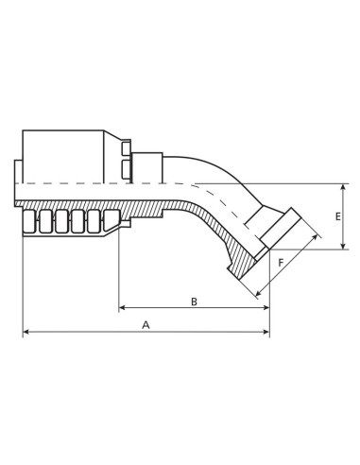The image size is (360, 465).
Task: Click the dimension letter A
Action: [146, 322]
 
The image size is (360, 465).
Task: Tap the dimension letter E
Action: [337, 216]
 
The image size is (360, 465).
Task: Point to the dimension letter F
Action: [280, 261]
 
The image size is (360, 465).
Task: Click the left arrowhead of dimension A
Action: [26, 332]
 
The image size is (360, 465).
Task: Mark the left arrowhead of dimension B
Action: [123, 309]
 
